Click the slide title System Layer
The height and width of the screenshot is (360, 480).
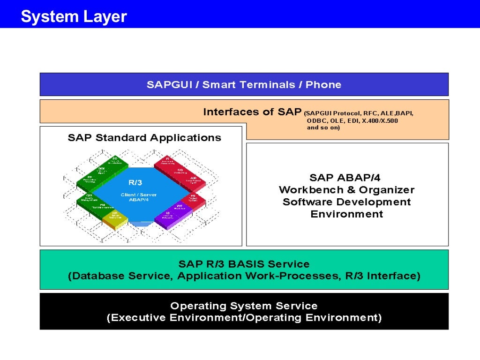pyautogui.click(x=74, y=17)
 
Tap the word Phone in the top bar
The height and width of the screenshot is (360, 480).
pyautogui.click(x=323, y=85)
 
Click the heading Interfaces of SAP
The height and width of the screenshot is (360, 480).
pyautogui.click(x=252, y=112)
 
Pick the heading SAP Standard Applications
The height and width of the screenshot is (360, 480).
pyautogui.click(x=144, y=138)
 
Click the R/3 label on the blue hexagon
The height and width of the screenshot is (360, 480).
pyautogui.click(x=135, y=182)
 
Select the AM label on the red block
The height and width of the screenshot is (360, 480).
pyautogui.click(x=193, y=178)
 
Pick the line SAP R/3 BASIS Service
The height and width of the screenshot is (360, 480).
pyautogui.click(x=244, y=264)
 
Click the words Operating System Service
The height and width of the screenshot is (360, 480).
pyautogui.click(x=244, y=306)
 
